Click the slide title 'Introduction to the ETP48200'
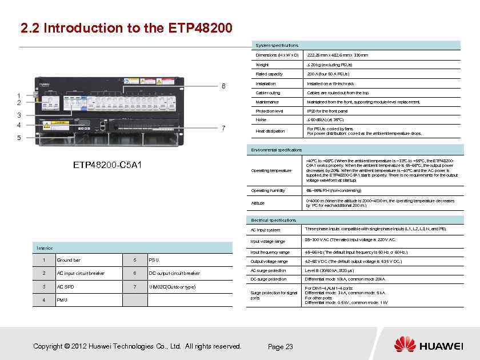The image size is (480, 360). point(126,28)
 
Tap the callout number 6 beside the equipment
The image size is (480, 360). point(224,86)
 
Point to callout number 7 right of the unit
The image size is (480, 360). point(224,127)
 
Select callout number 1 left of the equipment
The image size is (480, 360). point(19,95)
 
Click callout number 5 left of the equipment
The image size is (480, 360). point(19,138)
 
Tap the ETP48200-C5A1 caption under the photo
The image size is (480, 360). point(108,165)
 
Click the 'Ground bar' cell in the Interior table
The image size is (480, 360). point(68,261)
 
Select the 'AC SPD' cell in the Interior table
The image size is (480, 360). point(65,286)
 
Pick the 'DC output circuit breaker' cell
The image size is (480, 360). point(174,273)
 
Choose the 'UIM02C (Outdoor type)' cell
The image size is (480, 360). point(171,286)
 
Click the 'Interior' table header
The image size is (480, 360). point(45,248)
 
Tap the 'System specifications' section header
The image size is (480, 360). point(277,45)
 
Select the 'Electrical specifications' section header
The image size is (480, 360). point(274,220)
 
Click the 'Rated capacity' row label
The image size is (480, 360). point(269,74)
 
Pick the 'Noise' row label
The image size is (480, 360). point(261,120)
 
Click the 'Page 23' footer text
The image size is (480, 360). point(280,347)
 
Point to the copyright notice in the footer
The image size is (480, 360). point(137,346)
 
